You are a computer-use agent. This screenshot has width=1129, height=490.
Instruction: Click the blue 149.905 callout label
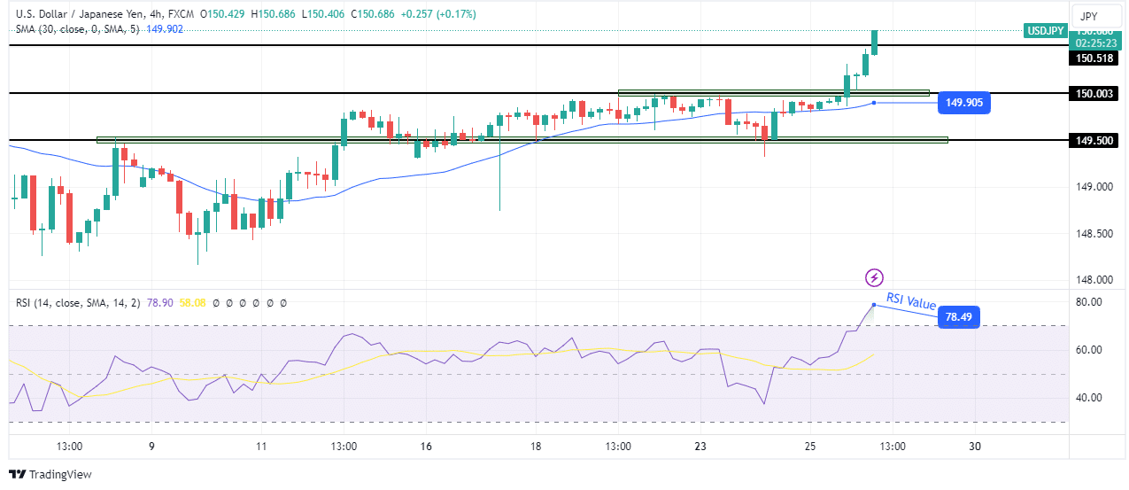(965, 103)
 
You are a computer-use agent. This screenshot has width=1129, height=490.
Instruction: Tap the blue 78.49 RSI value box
(958, 316)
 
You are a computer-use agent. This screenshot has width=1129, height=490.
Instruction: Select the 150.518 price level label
(1094, 58)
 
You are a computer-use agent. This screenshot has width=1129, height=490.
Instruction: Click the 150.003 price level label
(1094, 93)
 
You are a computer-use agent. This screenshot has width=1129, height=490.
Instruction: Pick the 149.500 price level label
(1094, 140)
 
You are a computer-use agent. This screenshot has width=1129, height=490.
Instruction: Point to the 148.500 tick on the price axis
(1094, 234)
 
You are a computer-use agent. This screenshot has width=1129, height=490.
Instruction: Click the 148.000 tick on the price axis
(1094, 280)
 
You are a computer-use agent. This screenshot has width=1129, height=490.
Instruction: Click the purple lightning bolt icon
(874, 278)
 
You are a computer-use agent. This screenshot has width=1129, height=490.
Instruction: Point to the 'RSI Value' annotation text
(909, 301)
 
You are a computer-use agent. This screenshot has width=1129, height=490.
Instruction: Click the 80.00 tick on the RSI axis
(1088, 302)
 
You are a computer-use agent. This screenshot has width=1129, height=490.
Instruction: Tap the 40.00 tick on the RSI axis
(1088, 397)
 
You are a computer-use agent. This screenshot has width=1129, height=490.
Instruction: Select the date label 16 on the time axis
(426, 446)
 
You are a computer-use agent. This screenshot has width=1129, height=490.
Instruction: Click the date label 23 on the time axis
(700, 446)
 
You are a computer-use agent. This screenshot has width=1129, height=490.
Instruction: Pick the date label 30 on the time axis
(974, 446)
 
